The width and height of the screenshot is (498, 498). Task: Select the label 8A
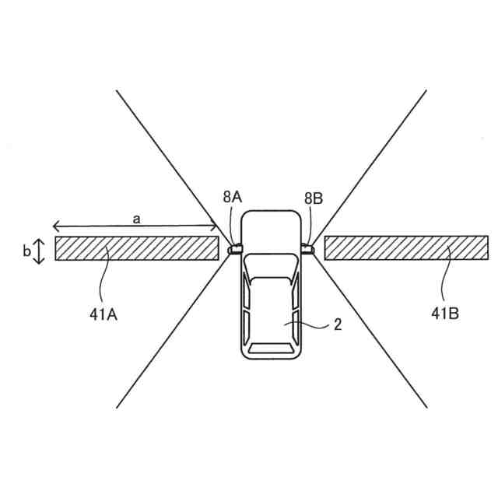coord(232,198)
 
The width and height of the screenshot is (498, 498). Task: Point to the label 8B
coord(313,198)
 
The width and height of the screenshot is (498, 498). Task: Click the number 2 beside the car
coord(337,325)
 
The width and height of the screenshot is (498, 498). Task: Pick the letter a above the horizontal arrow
coord(136,219)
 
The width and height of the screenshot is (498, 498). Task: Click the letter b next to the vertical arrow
coord(27,251)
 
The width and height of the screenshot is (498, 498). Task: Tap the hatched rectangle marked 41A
coord(136,248)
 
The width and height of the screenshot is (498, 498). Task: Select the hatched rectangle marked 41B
coord(406,248)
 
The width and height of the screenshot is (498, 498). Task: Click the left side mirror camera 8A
coord(233,249)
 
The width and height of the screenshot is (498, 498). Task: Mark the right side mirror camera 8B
coord(307,249)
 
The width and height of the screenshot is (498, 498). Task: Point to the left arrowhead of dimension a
coord(56,226)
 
